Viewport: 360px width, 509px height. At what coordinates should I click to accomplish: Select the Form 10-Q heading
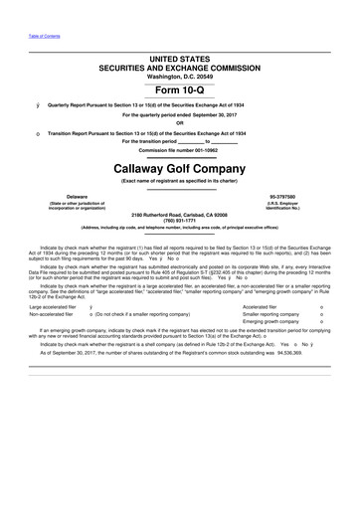tap(179, 91)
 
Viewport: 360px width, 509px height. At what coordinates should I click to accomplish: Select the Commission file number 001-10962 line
tap(179, 150)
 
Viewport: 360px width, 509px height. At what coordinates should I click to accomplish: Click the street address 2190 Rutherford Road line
tap(179, 215)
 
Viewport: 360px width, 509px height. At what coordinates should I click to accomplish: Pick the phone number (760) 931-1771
tap(179, 221)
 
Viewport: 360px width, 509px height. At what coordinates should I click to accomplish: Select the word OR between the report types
tap(179, 123)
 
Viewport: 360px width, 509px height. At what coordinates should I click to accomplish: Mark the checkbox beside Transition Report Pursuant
tap(38, 133)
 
